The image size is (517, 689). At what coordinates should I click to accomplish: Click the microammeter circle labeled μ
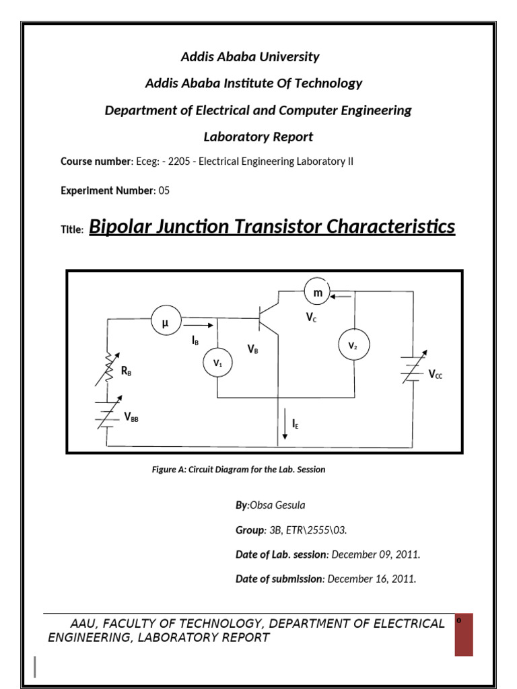click(x=165, y=324)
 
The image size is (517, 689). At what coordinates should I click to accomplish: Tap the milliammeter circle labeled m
click(x=318, y=293)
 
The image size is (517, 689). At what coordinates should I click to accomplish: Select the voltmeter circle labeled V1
click(x=217, y=363)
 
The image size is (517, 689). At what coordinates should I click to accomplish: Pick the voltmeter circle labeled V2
click(x=354, y=346)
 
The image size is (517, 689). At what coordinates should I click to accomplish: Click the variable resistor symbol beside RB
click(x=108, y=369)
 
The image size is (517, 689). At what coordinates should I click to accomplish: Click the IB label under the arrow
click(x=195, y=341)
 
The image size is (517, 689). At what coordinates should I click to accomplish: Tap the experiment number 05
click(x=164, y=190)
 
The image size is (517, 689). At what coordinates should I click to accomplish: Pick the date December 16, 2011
click(x=372, y=579)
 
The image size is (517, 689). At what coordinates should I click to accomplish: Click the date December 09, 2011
click(x=376, y=554)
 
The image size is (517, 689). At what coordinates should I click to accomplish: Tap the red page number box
click(x=464, y=634)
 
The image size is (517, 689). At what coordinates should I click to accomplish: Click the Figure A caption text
click(x=238, y=470)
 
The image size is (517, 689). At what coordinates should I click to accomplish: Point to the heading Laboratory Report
click(x=258, y=137)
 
